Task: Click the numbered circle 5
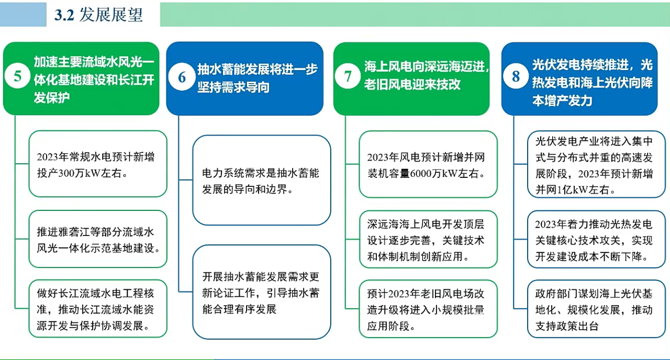pyautogui.click(x=17, y=76)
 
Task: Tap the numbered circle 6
pyautogui.click(x=182, y=77)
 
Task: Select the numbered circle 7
pyautogui.click(x=348, y=76)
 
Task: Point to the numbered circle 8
pyautogui.click(x=516, y=76)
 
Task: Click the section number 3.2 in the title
pyautogui.click(x=64, y=15)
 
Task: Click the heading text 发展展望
pyautogui.click(x=111, y=15)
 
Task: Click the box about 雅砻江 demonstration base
pyautogui.click(x=98, y=239)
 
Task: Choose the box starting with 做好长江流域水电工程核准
pyautogui.click(x=98, y=309)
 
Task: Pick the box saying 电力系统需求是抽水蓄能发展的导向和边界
pyautogui.click(x=262, y=181)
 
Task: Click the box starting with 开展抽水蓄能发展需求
pyautogui.click(x=262, y=292)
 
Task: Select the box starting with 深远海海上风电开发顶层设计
pyautogui.click(x=428, y=239)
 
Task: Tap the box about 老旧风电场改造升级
pyautogui.click(x=428, y=309)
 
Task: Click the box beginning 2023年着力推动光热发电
pyautogui.click(x=596, y=239)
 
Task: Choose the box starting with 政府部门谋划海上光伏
pyautogui.click(x=596, y=309)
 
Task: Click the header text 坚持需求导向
pyautogui.click(x=233, y=87)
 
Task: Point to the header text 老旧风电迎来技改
pyautogui.click(x=412, y=85)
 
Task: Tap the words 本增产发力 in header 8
pyautogui.click(x=562, y=101)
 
